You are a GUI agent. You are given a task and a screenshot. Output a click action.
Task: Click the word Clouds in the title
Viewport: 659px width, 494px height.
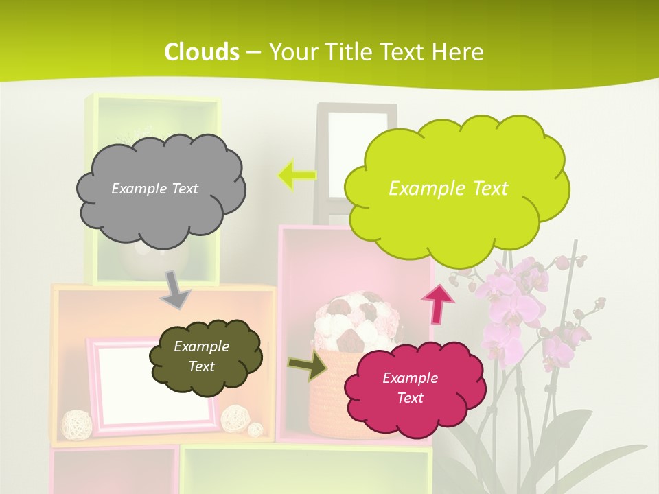202,51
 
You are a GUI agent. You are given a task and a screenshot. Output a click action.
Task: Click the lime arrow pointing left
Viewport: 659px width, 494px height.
297,176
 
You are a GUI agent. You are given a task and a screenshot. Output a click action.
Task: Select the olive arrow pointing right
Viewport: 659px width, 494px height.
308,365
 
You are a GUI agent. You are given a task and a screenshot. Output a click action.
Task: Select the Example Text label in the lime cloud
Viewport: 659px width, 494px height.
448,189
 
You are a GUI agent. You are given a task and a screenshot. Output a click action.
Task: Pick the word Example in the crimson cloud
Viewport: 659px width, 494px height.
410,378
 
